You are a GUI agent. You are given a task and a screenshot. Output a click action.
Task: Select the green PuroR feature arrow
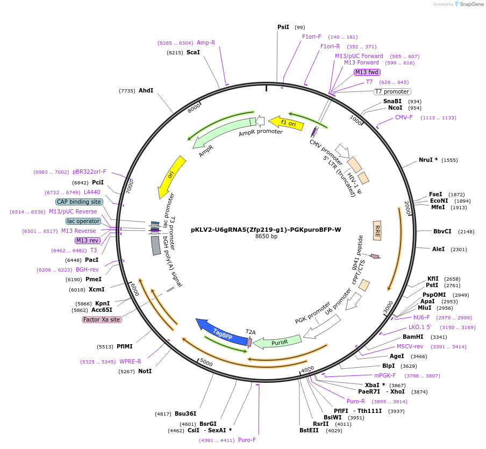point(277,342)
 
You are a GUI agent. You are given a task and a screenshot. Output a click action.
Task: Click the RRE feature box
point(377,230)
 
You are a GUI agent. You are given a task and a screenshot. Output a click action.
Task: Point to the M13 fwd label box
point(367,73)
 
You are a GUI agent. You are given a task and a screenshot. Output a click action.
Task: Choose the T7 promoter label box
point(392,91)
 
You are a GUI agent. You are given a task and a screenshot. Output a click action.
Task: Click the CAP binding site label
point(78,202)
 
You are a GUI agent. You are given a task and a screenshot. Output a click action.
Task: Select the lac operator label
point(83,221)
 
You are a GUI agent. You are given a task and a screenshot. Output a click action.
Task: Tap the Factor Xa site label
point(102,319)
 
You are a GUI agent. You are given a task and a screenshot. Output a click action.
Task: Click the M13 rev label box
point(87,240)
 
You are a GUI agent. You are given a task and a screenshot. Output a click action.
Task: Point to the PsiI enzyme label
point(283,27)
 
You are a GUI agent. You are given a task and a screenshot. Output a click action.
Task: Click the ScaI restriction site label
point(193,52)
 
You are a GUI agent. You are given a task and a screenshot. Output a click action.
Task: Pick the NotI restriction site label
point(145,371)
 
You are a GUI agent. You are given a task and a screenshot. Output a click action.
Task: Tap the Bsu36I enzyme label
point(185,414)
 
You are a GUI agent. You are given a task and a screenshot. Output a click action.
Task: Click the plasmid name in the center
point(266,229)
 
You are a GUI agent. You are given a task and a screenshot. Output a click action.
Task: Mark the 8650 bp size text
point(266,236)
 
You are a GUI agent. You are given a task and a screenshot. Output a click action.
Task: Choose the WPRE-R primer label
point(130,361)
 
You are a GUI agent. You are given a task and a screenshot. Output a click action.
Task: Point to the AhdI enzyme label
point(146,90)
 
